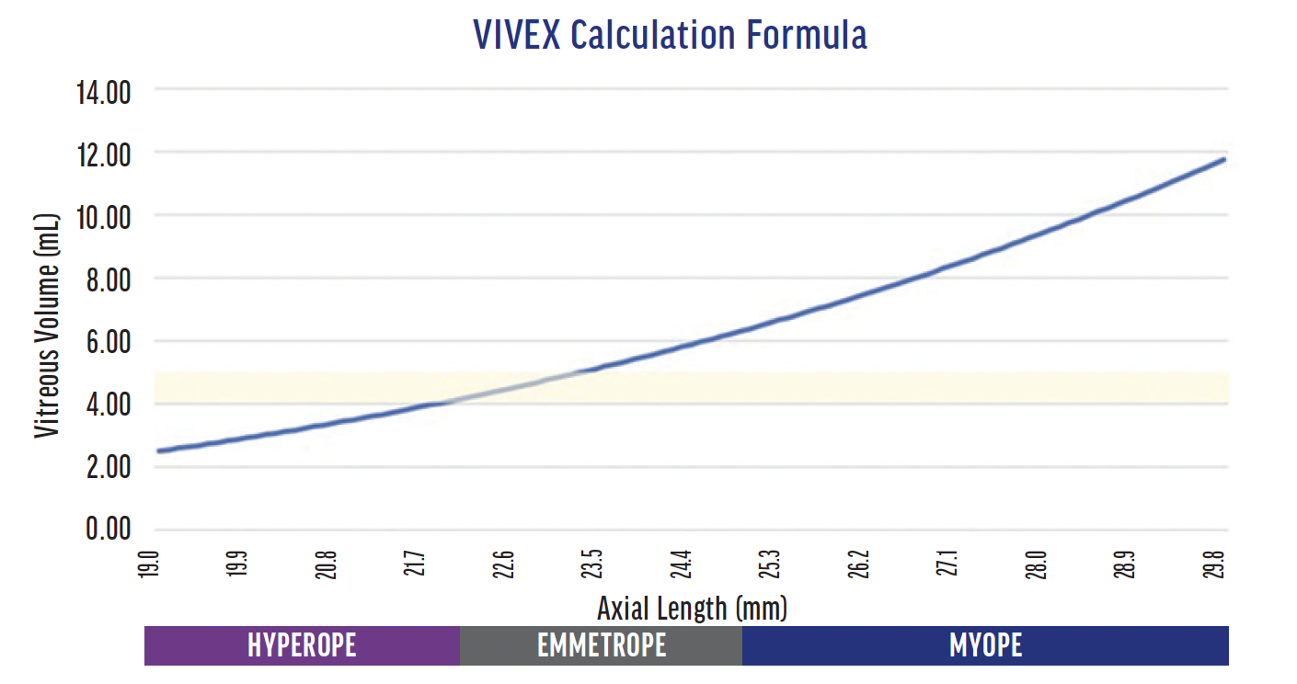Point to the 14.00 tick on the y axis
[x=103, y=93]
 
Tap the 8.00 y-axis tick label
[x=107, y=280]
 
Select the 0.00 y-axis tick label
[x=107, y=531]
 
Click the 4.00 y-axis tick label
[x=107, y=405]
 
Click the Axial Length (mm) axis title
[x=692, y=609]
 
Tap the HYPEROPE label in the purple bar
[x=302, y=645]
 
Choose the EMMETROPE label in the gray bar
[x=602, y=645]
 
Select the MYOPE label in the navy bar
[x=985, y=645]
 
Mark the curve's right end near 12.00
[x=1223, y=159]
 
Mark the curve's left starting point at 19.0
[x=159, y=450]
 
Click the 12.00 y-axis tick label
[x=105, y=155]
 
